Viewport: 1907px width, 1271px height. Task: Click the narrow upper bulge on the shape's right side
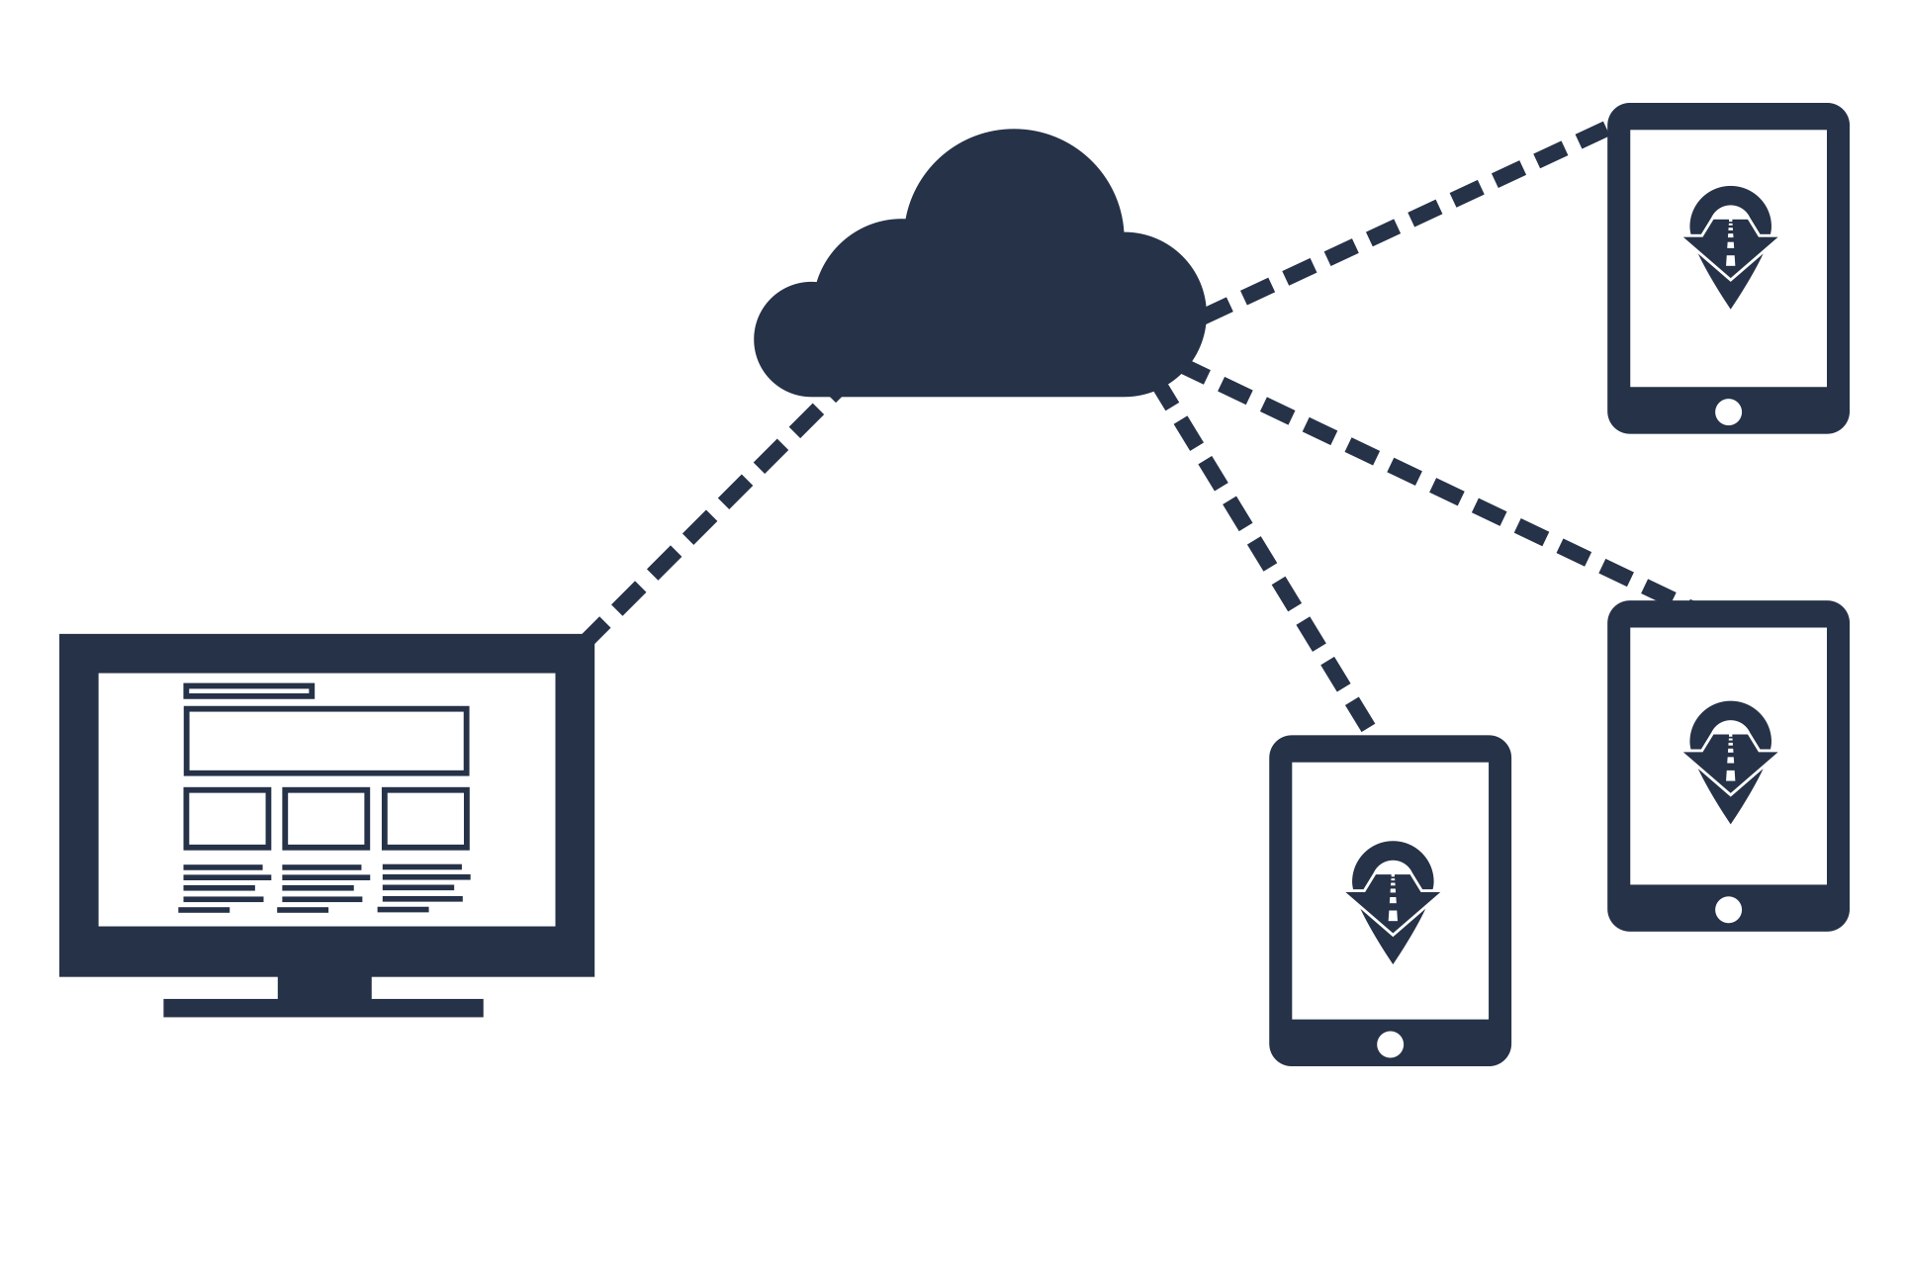[1845, 267]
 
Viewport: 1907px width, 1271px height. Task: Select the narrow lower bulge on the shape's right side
[1845, 767]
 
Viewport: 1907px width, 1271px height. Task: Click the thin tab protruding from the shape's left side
[63, 804]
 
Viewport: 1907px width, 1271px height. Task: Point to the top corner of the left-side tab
[61, 634]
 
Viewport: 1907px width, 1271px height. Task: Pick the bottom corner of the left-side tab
[61, 975]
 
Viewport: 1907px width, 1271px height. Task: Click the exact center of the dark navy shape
[953, 584]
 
